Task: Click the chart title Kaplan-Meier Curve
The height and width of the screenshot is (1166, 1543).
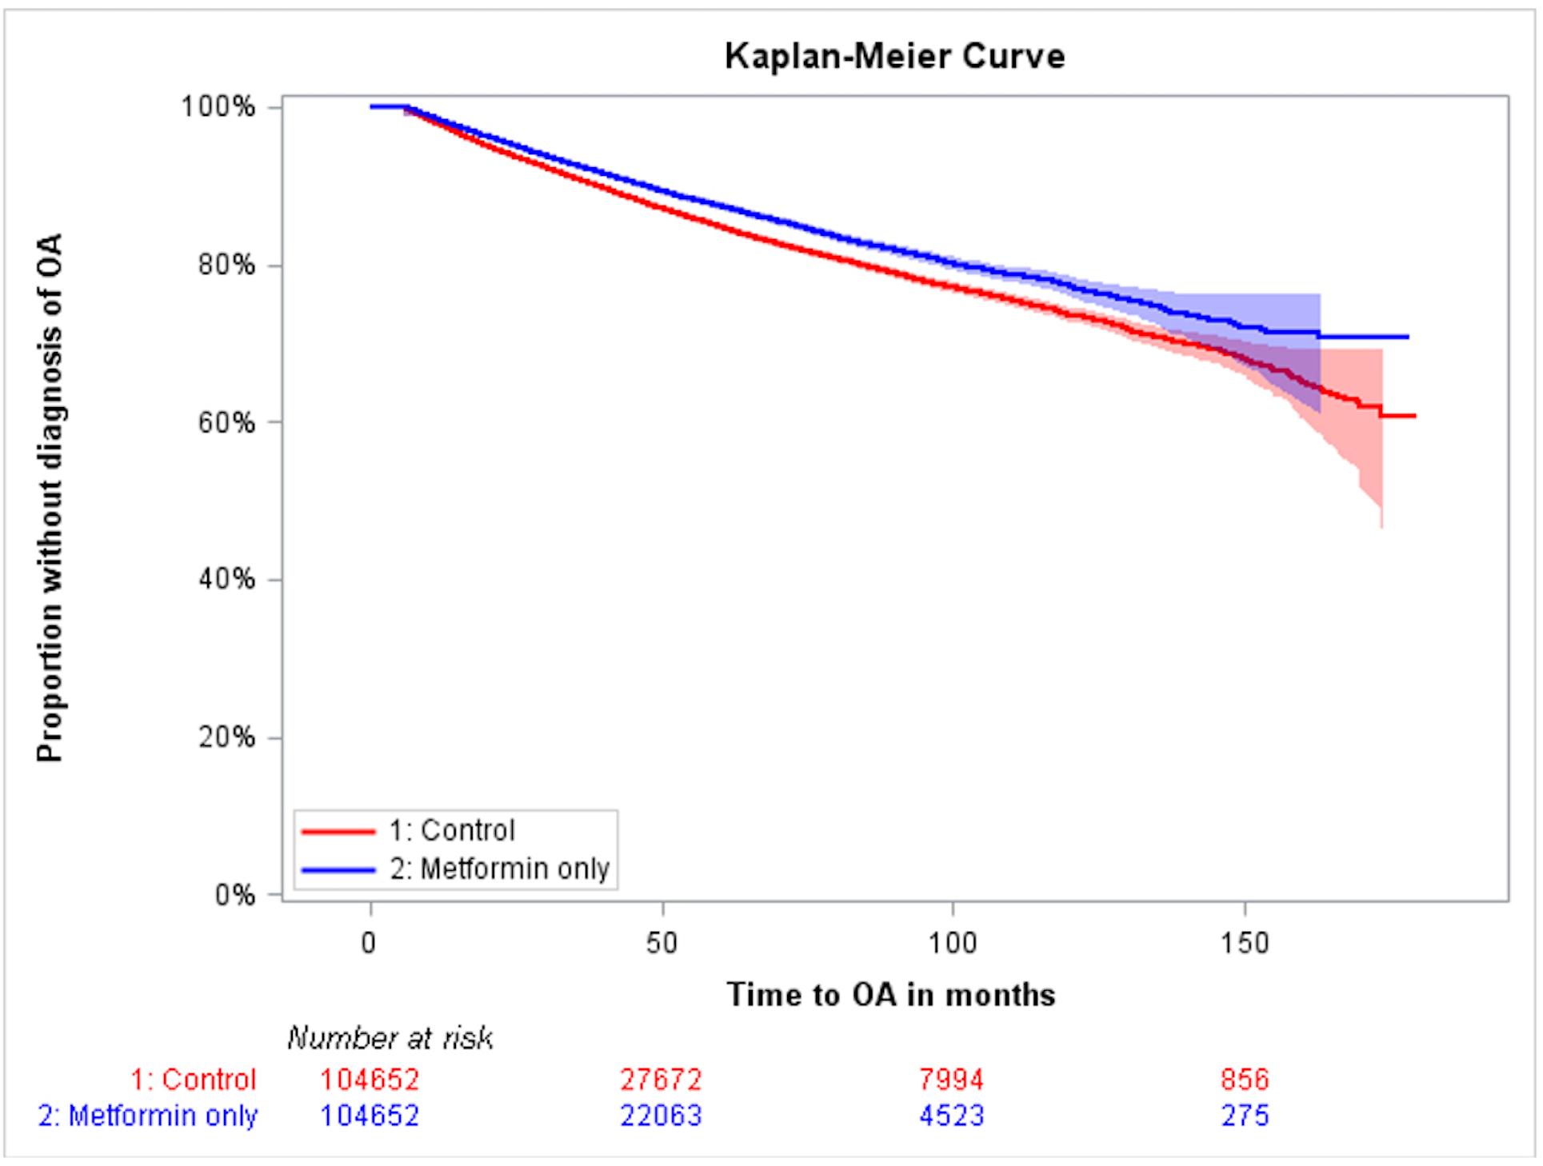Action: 894,56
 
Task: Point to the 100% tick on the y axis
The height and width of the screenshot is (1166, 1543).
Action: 218,106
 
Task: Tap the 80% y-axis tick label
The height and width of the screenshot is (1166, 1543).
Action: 226,265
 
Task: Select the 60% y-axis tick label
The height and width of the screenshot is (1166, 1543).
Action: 226,422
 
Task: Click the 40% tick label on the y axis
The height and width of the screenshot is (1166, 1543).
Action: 226,579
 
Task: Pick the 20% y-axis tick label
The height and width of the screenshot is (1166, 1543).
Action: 226,737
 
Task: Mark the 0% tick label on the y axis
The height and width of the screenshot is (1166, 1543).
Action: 234,895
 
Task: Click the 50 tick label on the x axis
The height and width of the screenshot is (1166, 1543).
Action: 662,944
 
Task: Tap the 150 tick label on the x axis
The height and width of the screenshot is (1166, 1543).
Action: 1245,944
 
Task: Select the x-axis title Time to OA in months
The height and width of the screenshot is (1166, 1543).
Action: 891,995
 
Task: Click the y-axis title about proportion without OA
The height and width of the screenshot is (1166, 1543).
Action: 50,497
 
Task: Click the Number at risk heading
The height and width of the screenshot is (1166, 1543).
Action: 390,1038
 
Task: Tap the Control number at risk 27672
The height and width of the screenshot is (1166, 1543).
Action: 661,1080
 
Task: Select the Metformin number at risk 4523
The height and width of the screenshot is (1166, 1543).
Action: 951,1116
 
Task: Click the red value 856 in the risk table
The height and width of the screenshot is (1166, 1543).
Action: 1245,1080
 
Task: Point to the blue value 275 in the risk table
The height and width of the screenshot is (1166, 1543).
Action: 1245,1116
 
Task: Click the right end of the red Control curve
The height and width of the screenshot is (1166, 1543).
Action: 1413,416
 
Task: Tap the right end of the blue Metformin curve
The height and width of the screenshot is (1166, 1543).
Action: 1407,337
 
